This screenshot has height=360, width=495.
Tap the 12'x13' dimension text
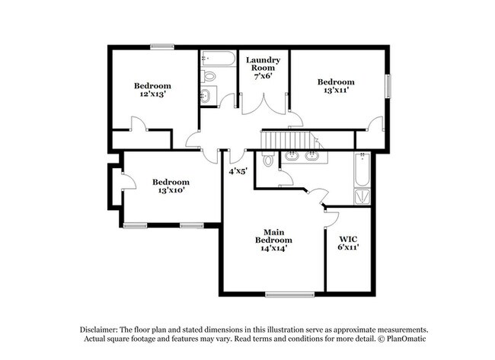click(x=152, y=94)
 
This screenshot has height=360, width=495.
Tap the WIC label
click(x=347, y=237)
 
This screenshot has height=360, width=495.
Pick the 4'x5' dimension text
click(x=238, y=171)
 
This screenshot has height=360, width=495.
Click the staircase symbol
click(x=289, y=140)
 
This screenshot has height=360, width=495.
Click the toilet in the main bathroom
click(x=267, y=161)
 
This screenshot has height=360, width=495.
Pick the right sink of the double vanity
click(x=312, y=156)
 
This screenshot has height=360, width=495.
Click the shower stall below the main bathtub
click(x=363, y=197)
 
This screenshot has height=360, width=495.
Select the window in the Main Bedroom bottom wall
click(x=289, y=294)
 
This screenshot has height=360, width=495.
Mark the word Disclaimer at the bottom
click(x=103, y=328)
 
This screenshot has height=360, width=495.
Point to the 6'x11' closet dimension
click(x=347, y=247)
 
